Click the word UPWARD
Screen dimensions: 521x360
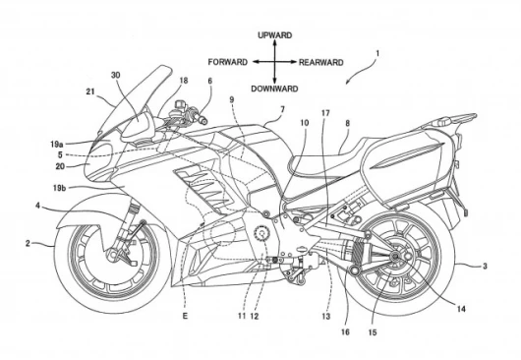pos(275,35)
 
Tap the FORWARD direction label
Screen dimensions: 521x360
pos(228,62)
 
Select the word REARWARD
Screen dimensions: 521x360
pos(321,63)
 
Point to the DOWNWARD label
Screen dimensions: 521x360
pos(274,89)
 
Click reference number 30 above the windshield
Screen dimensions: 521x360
pos(115,76)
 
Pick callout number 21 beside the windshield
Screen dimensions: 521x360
pos(90,91)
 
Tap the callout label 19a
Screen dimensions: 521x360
pos(57,145)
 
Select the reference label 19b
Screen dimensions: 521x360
pos(59,188)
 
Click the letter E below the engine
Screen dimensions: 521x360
pos(185,316)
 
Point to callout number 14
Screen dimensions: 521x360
pos(461,309)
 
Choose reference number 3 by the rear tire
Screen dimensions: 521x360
pos(485,266)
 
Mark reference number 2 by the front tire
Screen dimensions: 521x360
pos(28,243)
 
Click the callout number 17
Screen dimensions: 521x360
pos(325,113)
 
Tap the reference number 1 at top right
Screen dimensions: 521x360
pos(377,53)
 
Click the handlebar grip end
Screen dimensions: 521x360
pos(203,121)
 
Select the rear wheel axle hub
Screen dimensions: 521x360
pos(395,256)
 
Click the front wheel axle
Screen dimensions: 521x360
pos(110,256)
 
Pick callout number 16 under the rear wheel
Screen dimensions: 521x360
pos(345,331)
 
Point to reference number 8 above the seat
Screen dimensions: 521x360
pos(348,123)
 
